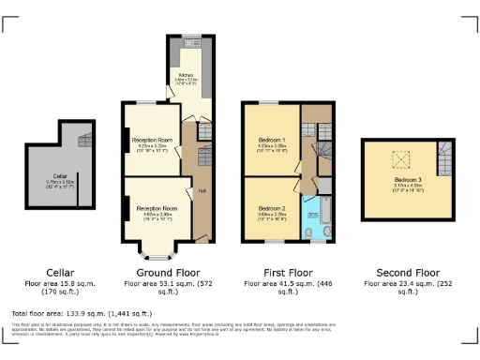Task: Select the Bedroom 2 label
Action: (271, 208)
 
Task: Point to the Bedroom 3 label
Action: (407, 178)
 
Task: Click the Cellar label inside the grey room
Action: (59, 175)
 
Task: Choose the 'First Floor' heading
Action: (278, 272)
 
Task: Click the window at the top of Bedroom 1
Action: (269, 101)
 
